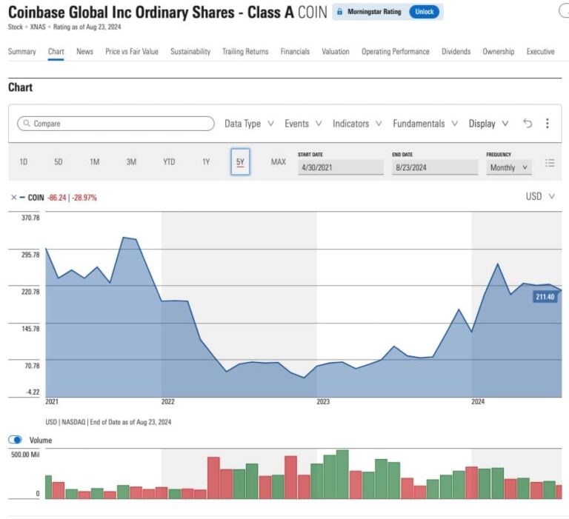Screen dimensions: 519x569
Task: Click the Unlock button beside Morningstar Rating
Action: coord(424,12)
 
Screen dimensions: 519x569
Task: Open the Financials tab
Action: coord(295,52)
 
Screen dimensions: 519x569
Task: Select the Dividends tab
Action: coord(456,52)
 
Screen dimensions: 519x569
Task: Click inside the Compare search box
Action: coord(111,124)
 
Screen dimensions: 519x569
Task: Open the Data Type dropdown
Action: coord(249,124)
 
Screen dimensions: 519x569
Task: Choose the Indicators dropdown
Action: coord(356,124)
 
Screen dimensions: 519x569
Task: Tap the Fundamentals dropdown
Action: coord(425,124)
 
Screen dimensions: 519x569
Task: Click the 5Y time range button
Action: coord(240,162)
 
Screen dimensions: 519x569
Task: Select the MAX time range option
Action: coord(278,162)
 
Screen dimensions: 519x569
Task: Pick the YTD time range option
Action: coord(169,162)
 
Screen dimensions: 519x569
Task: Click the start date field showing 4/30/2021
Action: coord(340,167)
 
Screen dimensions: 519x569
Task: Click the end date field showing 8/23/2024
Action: coord(434,167)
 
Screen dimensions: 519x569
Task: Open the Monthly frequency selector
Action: coord(509,167)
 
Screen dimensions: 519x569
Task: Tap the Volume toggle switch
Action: coord(15,440)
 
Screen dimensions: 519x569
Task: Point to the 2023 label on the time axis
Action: coord(323,401)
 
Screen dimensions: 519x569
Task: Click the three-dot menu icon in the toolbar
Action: coord(547,124)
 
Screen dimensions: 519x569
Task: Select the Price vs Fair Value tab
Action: coord(132,52)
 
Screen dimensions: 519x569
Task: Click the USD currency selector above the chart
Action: coord(539,196)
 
